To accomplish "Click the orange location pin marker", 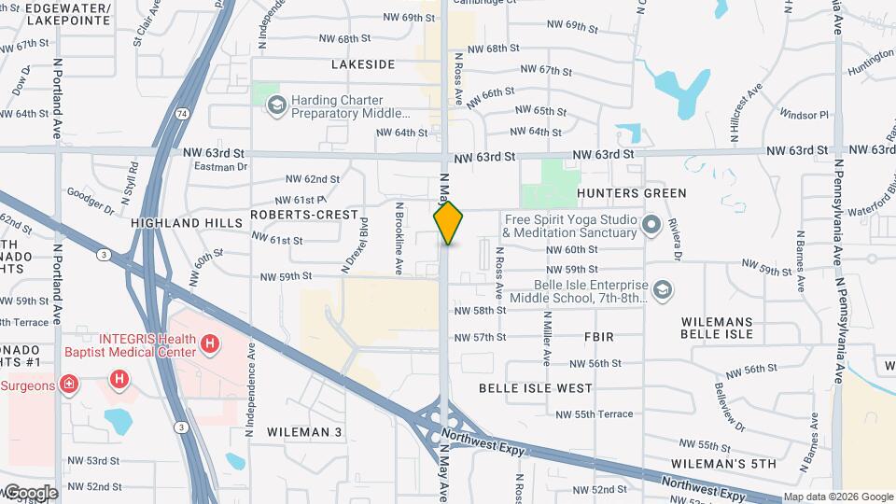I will (449, 223).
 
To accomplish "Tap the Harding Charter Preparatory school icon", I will (275, 105).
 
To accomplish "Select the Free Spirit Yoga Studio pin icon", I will (651, 225).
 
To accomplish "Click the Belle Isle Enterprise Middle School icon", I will (662, 291).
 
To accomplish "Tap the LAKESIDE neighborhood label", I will (363, 64).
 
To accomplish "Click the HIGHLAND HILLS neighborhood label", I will (179, 224).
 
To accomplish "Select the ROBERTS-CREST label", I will (304, 215).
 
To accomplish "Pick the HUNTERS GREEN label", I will (631, 193).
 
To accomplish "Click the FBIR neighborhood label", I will (598, 336).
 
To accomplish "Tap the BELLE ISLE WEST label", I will (535, 387).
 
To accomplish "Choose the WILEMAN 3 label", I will (304, 432).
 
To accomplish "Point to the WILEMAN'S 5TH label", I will (723, 464).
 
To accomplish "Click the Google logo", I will (30, 492).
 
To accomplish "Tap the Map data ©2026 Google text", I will (837, 497).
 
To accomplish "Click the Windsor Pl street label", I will (805, 115).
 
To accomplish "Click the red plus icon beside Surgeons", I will (68, 384).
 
